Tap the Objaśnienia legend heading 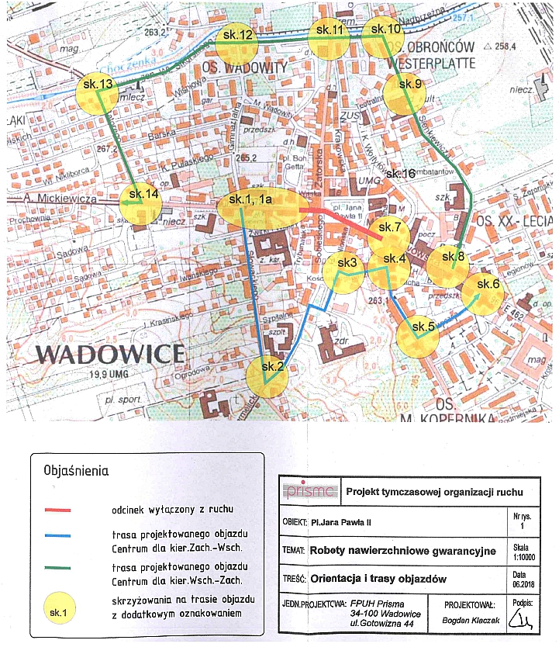(x=76, y=471)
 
